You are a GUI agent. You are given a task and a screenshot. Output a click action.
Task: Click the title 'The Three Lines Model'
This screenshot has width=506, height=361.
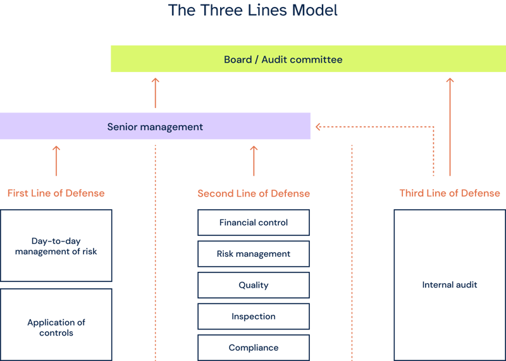[x=252, y=11]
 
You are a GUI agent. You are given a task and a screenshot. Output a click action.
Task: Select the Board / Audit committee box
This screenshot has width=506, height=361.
[x=308, y=59]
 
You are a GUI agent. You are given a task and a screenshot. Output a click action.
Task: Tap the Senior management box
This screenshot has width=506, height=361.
[x=155, y=126]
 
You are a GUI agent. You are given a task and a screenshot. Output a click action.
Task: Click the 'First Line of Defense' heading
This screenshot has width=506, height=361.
[x=56, y=193]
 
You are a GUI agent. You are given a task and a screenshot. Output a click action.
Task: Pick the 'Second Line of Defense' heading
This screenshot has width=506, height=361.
[x=254, y=193]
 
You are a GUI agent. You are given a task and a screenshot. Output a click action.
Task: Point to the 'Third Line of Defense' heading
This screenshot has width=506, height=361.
[x=450, y=193]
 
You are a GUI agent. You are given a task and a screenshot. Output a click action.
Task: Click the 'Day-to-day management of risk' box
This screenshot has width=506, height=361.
[x=56, y=246]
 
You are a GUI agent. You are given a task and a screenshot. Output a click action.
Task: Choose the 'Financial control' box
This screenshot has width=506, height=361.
[x=254, y=223]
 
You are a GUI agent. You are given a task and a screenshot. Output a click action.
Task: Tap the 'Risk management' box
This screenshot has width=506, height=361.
[x=254, y=254]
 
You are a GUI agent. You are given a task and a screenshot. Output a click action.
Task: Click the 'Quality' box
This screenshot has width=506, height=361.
[x=254, y=285]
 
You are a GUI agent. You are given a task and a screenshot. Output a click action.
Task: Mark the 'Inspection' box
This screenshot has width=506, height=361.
[x=254, y=316]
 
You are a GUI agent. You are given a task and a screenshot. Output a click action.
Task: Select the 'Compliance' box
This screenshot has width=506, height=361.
[x=254, y=347]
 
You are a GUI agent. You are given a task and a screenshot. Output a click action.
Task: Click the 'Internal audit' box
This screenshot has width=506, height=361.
[x=450, y=285]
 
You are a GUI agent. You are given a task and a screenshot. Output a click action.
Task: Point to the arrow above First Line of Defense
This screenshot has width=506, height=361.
[x=56, y=161]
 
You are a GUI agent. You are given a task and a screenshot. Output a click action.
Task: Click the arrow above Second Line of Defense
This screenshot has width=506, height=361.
[x=254, y=161]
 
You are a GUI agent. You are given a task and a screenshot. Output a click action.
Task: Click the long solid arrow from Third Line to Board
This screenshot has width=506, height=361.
[x=450, y=126]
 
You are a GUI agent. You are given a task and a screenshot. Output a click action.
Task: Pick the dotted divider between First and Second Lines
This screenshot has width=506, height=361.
[x=155, y=253]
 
